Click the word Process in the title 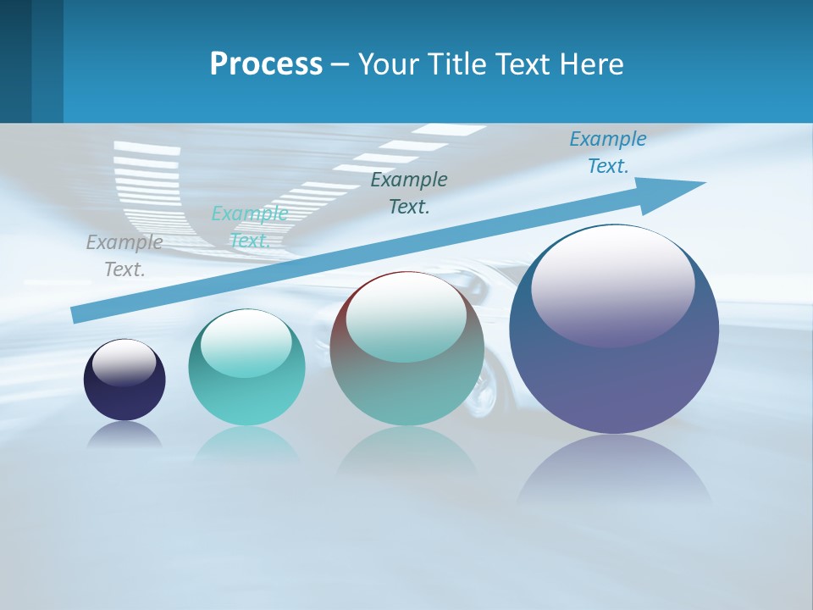266,64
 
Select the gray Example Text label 124,255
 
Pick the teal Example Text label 250,227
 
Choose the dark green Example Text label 409,192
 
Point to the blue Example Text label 608,152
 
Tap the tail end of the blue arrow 78,314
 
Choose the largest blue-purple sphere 614,373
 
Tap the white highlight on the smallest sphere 124,363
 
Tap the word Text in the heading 528,64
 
